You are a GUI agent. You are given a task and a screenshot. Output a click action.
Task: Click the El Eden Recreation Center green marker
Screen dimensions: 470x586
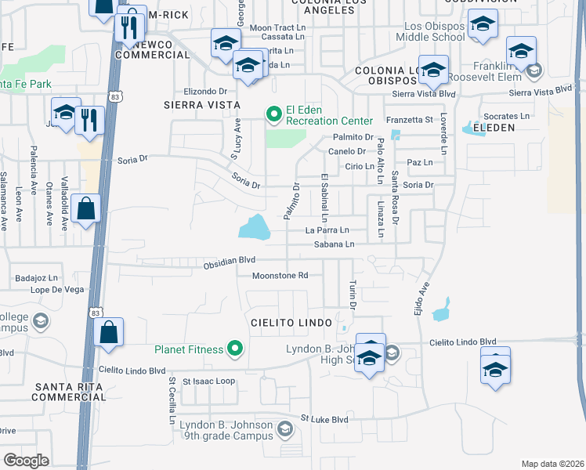point(273,115)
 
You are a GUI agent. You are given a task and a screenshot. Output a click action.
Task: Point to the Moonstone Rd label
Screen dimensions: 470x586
point(280,275)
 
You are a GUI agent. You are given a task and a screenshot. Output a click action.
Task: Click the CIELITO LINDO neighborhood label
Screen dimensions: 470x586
point(291,323)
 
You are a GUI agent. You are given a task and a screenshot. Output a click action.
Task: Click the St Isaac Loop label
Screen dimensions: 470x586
point(209,381)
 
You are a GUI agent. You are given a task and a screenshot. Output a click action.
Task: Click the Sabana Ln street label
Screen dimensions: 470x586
point(335,244)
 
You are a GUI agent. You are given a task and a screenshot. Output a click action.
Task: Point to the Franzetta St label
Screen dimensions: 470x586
point(410,120)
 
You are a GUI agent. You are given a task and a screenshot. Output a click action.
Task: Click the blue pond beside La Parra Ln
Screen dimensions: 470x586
point(254,228)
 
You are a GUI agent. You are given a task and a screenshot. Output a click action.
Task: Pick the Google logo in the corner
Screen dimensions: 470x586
point(26,460)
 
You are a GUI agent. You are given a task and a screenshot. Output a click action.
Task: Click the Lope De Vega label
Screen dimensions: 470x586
point(57,290)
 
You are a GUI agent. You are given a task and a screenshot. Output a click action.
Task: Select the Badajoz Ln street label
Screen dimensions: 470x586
point(38,277)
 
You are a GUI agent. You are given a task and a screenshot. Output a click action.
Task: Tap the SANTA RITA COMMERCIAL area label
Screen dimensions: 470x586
point(64,392)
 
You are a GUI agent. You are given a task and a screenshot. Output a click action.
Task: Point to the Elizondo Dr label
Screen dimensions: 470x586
point(204,91)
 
